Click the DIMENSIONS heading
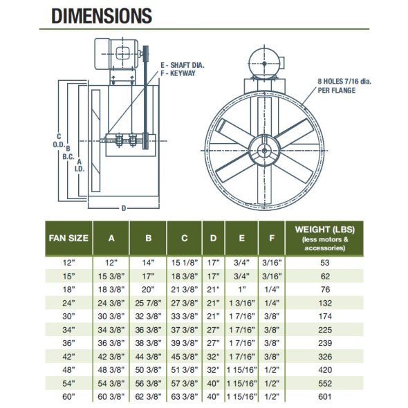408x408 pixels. pyautogui.click(x=102, y=16)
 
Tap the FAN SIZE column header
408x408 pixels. pyautogui.click(x=68, y=238)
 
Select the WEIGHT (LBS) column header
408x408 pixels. pyautogui.click(x=325, y=230)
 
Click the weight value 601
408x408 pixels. pyautogui.click(x=325, y=396)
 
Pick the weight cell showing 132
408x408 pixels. pyautogui.click(x=325, y=303)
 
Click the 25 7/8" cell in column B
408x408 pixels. pyautogui.click(x=148, y=303)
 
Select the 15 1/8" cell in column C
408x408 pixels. pyautogui.click(x=185, y=263)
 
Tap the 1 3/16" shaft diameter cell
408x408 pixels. pyautogui.click(x=242, y=303)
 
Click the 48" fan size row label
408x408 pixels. pyautogui.click(x=68, y=370)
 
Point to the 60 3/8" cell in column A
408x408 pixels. pyautogui.click(x=111, y=396)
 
